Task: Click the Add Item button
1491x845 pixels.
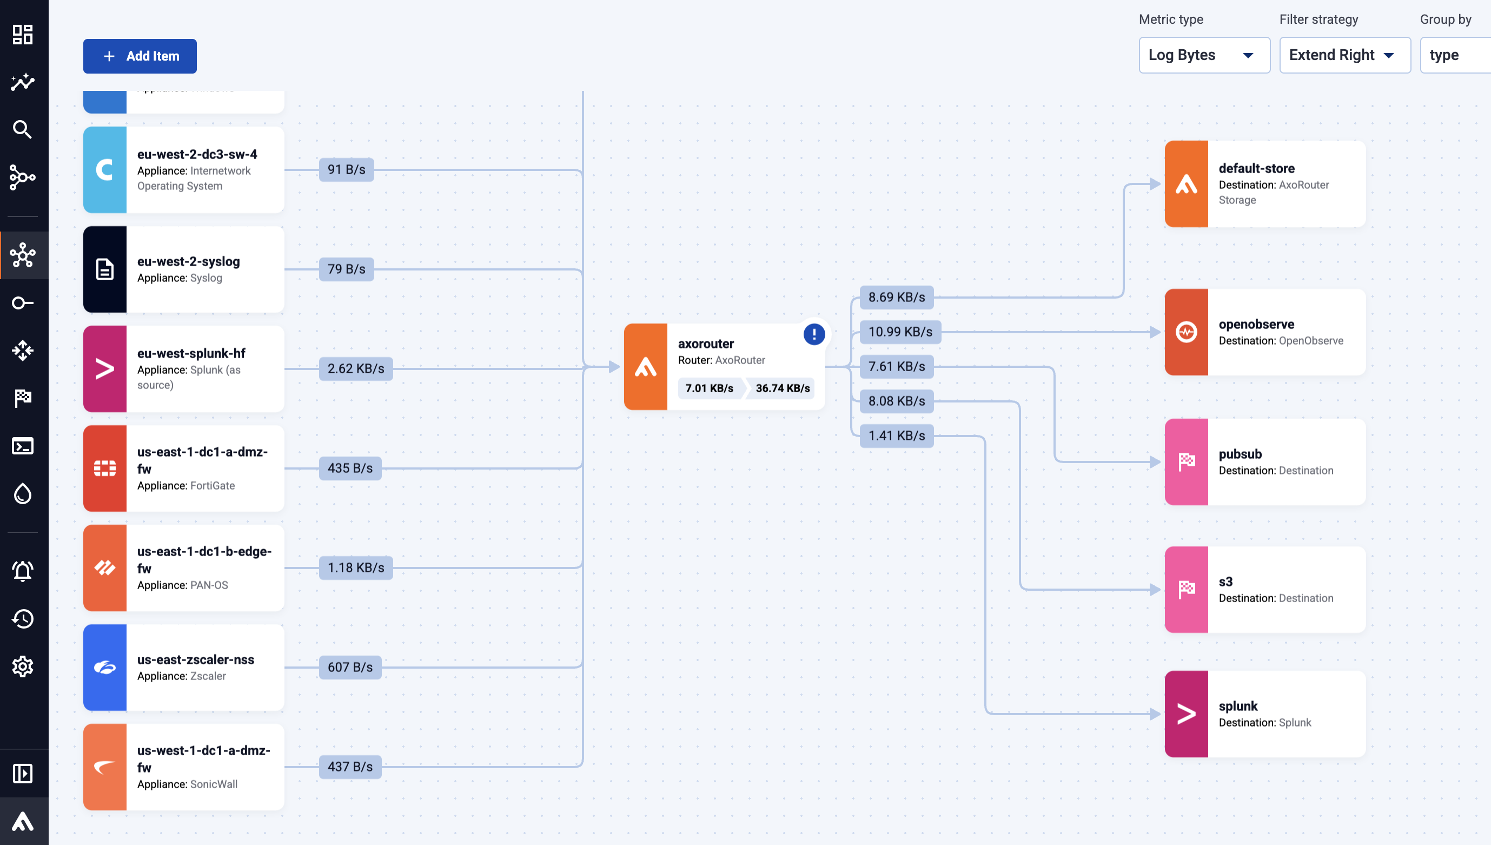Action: point(140,56)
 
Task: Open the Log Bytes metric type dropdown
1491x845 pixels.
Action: point(1204,55)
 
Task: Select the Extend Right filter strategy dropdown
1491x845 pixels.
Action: point(1344,55)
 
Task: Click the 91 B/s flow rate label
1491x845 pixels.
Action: point(346,169)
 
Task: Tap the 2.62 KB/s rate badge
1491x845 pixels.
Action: point(356,368)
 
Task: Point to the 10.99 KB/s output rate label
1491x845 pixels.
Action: point(900,332)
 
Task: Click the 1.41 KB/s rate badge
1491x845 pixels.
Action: point(896,436)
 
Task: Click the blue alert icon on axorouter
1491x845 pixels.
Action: point(814,334)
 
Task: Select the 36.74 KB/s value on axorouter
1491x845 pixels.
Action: point(782,388)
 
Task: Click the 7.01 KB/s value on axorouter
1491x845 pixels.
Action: point(709,388)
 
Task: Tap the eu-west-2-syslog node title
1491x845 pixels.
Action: point(189,261)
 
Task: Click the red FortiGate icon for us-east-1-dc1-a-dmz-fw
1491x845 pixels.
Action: point(105,468)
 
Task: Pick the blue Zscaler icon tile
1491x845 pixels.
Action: point(105,668)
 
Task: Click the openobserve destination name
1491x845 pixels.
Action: point(1256,325)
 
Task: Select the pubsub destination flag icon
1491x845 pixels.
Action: point(1187,462)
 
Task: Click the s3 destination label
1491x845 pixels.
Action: point(1225,582)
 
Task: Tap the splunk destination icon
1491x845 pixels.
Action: point(1187,714)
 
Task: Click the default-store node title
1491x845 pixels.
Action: point(1256,168)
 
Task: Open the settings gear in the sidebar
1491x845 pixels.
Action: point(23,666)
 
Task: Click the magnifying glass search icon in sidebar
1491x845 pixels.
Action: point(23,129)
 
